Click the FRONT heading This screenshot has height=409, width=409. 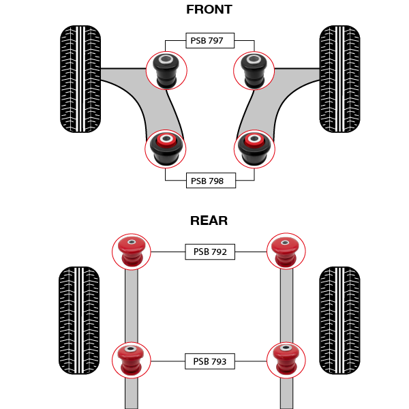pos(209,10)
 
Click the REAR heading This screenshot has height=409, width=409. pos(209,220)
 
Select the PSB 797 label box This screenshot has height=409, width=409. pos(210,41)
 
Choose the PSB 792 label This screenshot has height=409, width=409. pos(210,252)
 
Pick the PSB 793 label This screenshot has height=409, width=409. pos(210,361)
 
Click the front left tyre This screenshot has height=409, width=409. pos(80,79)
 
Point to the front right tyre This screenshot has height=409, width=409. pos(339,79)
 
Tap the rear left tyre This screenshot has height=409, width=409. pos(80,320)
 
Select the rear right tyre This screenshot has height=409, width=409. pos(339,320)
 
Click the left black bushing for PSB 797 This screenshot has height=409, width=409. pos(166,71)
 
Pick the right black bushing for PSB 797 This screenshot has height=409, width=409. pos(254,71)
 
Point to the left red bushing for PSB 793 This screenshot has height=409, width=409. pos(131,360)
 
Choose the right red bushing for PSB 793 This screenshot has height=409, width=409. pos(286,360)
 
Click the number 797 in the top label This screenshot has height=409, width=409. pos(216,41)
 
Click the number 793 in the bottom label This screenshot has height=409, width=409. pos(219,361)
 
